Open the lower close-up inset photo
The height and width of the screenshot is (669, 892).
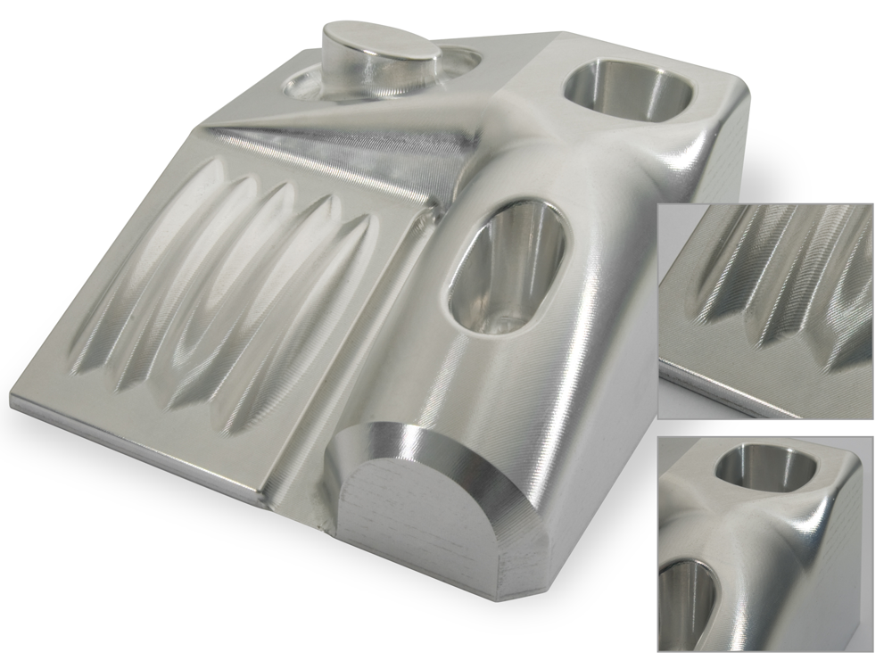pyautogui.click(x=765, y=544)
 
